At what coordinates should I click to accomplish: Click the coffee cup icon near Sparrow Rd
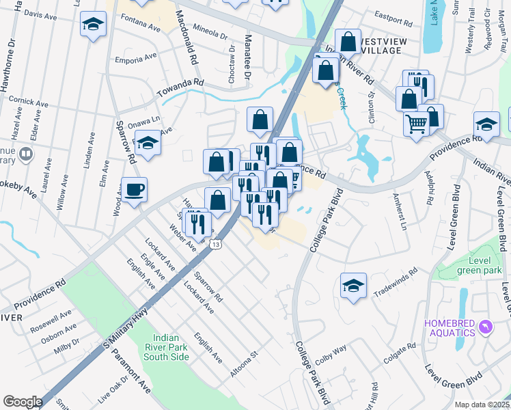pos(134,189)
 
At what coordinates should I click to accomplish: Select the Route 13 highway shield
pos(215,245)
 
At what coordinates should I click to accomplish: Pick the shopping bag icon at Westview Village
pos(348,41)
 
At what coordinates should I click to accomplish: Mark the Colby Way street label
pos(331,356)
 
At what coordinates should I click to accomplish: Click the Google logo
pos(23,402)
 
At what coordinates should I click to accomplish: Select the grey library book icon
pos(26,154)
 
